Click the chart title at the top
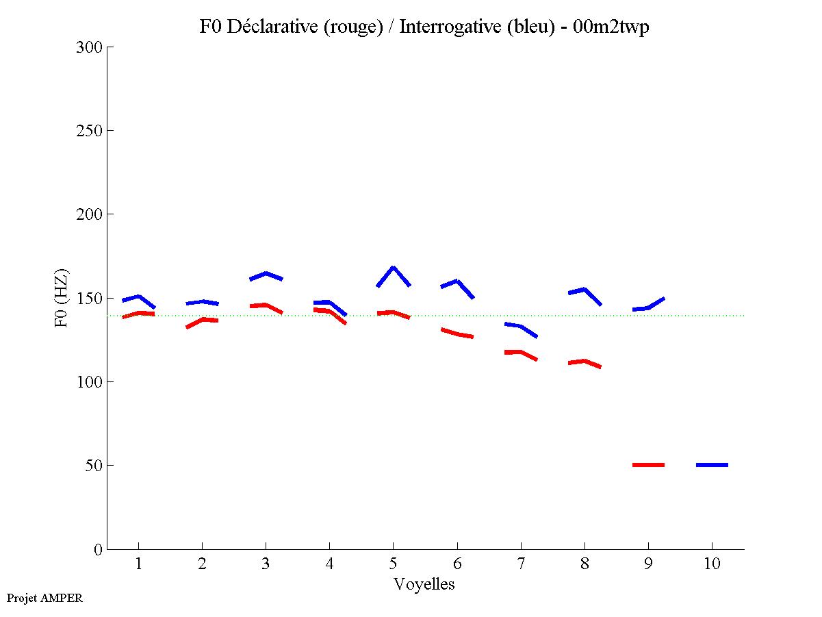[424, 27]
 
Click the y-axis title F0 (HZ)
[62, 298]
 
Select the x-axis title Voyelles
[424, 584]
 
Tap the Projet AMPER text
[44, 598]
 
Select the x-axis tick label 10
[712, 564]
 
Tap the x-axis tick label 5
[393, 564]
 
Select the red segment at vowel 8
[585, 361]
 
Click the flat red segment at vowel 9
[648, 465]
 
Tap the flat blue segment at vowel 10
[712, 465]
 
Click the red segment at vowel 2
[202, 320]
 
